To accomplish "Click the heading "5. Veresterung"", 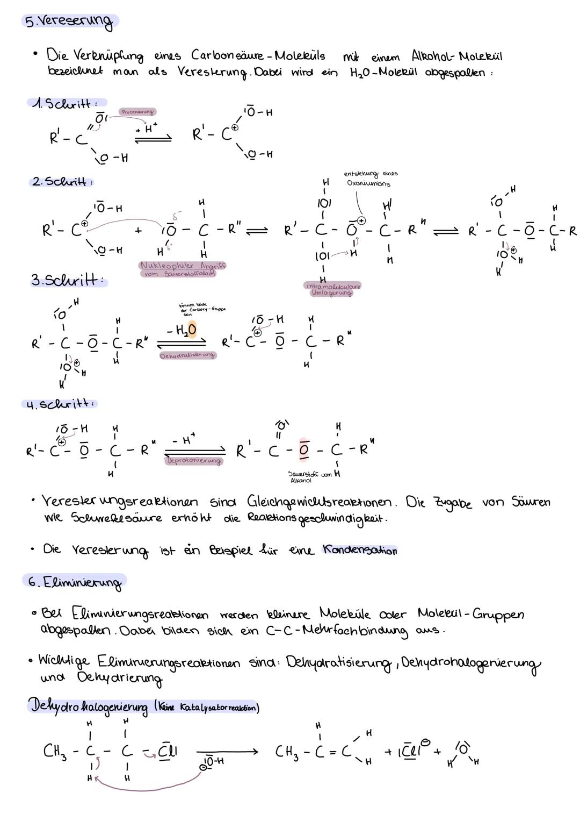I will coord(70,22).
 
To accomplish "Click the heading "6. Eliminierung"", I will coord(75,582).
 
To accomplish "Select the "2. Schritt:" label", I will coord(62,182).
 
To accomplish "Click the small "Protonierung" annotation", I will coord(137,112).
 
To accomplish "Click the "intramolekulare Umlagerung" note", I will coord(332,289).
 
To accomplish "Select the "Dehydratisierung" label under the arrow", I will coord(188,355).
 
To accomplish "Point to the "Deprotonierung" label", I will coord(194,461).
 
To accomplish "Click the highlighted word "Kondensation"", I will coord(359,550).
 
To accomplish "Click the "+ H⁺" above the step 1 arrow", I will coord(147,129).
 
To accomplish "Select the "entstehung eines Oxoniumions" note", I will coord(370,179).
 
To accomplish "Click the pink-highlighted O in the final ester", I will coord(304,450).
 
